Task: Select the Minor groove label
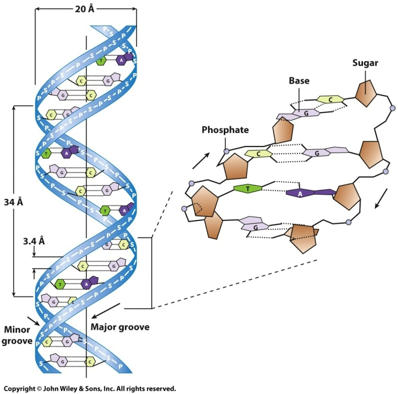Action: tap(17, 334)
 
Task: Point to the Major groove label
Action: tap(119, 327)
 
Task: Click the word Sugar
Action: tap(365, 63)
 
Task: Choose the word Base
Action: tap(299, 81)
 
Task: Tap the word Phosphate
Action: tap(225, 130)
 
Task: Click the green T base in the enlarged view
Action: tap(248, 188)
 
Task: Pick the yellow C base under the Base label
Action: tap(330, 99)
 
